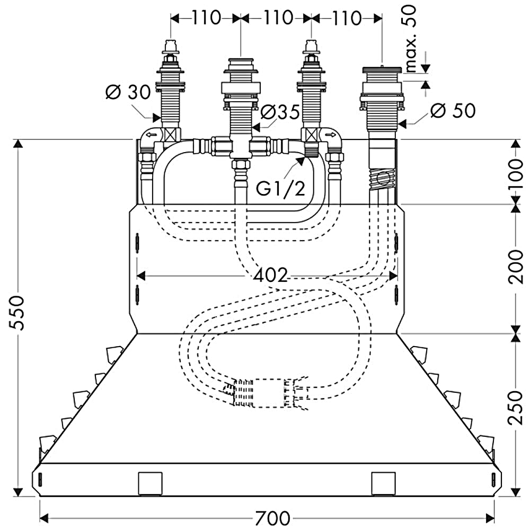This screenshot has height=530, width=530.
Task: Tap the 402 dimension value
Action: coord(270,275)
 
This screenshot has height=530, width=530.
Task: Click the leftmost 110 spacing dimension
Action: coord(206,17)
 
